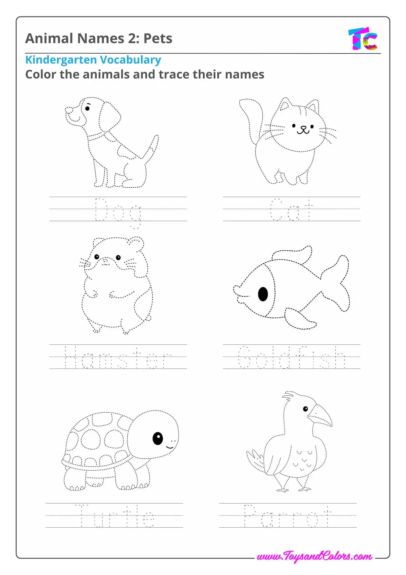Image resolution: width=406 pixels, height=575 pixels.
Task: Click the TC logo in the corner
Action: pyautogui.click(x=363, y=39)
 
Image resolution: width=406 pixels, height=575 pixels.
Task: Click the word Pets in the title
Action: pyautogui.click(x=158, y=38)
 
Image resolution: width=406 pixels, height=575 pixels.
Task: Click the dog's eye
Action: pyautogui.click(x=88, y=108)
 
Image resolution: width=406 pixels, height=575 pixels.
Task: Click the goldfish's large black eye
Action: pyautogui.click(x=263, y=294)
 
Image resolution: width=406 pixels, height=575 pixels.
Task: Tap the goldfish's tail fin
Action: pyautogui.click(x=336, y=283)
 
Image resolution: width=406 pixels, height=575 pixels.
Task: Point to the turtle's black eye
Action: pyautogui.click(x=158, y=438)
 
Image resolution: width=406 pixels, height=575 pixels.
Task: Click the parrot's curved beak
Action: pyautogui.click(x=320, y=416)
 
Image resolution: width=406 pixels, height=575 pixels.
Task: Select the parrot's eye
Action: pyautogui.click(x=306, y=409)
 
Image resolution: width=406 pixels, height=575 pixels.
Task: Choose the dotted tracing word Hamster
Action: pyautogui.click(x=118, y=357)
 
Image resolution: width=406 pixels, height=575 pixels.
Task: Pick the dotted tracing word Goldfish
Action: pyautogui.click(x=292, y=357)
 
